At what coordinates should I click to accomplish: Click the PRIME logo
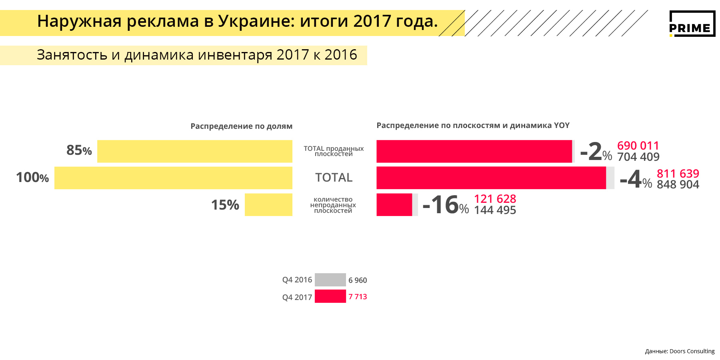click(x=692, y=24)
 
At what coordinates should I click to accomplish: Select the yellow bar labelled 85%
click(x=195, y=151)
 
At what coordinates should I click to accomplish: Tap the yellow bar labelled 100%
click(x=173, y=178)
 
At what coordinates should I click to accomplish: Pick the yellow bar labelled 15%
click(x=268, y=205)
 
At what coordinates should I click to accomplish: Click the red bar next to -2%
click(x=474, y=151)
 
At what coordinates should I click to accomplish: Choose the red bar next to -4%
click(x=491, y=178)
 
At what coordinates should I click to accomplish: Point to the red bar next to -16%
click(x=394, y=205)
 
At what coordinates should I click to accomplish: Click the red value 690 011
click(x=638, y=146)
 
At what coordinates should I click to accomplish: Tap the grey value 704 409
click(x=638, y=157)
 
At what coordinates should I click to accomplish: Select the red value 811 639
click(x=678, y=174)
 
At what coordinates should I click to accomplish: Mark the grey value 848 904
click(x=678, y=184)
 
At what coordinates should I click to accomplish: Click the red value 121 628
click(x=495, y=199)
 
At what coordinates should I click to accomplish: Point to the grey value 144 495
click(x=495, y=210)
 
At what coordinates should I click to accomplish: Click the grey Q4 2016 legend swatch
click(x=330, y=280)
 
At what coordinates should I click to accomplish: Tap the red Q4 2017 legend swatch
click(x=330, y=296)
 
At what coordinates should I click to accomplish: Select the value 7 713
click(x=358, y=297)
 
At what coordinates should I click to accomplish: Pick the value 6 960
click(x=358, y=280)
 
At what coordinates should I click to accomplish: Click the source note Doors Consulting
click(x=680, y=351)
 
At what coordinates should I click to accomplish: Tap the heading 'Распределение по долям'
click(x=241, y=126)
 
